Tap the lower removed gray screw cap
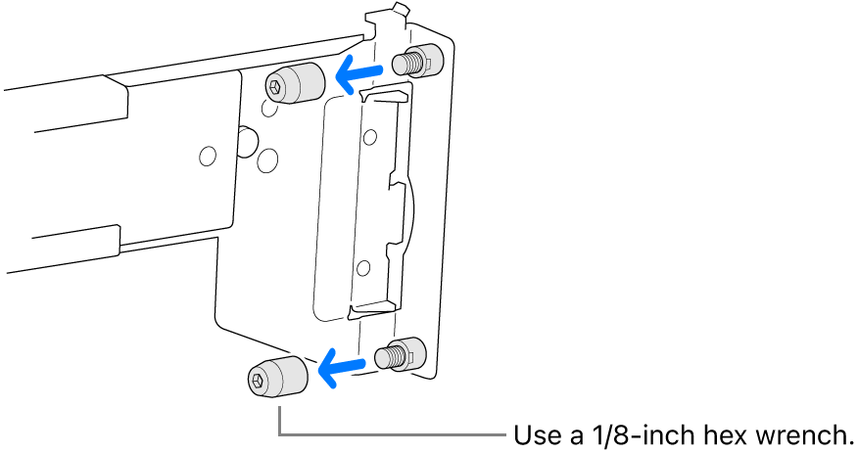click(x=274, y=377)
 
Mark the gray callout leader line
click(x=392, y=433)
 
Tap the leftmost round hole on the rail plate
click(x=207, y=155)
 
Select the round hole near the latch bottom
click(x=364, y=265)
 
